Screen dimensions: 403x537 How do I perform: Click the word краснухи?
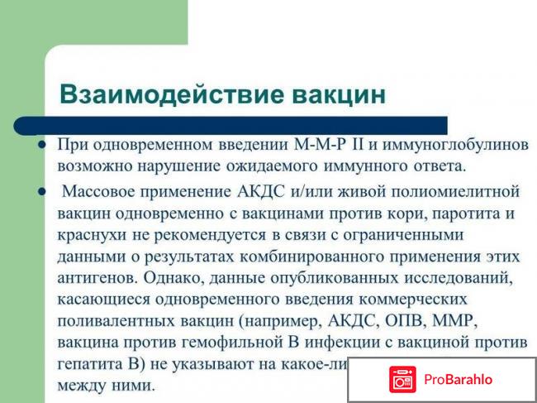point(92,235)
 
